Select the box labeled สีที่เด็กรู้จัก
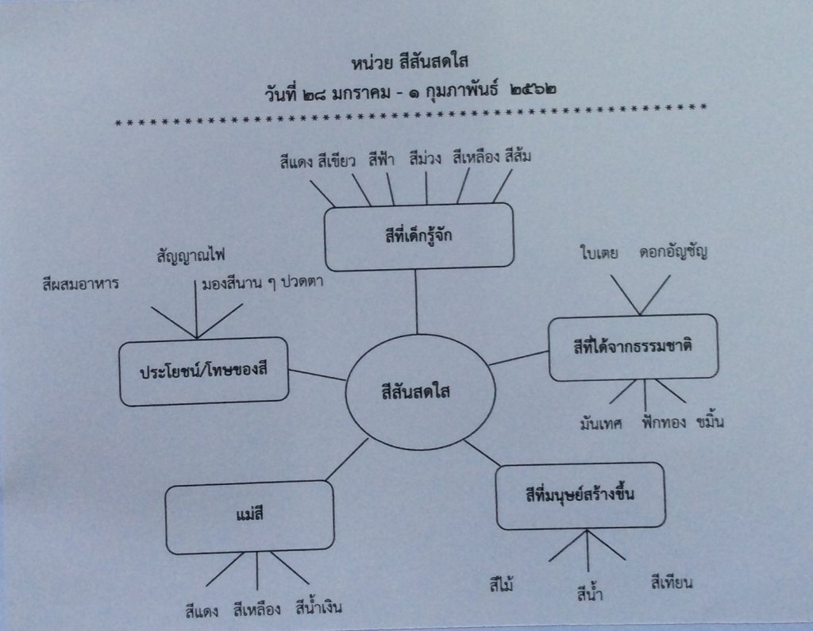pyautogui.click(x=418, y=235)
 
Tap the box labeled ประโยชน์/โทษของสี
pyautogui.click(x=203, y=372)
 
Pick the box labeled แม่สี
pyautogui.click(x=249, y=516)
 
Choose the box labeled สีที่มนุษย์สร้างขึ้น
pyautogui.click(x=580, y=495)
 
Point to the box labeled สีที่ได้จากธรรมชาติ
pyautogui.click(x=633, y=346)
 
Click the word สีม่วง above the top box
pyautogui.click(x=426, y=158)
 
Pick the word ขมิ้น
pyautogui.click(x=708, y=421)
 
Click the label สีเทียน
pyautogui.click(x=672, y=583)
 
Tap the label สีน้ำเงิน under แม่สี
pyautogui.click(x=318, y=610)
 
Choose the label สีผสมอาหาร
pyautogui.click(x=81, y=283)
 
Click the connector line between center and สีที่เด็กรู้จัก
pyautogui.click(x=417, y=302)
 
